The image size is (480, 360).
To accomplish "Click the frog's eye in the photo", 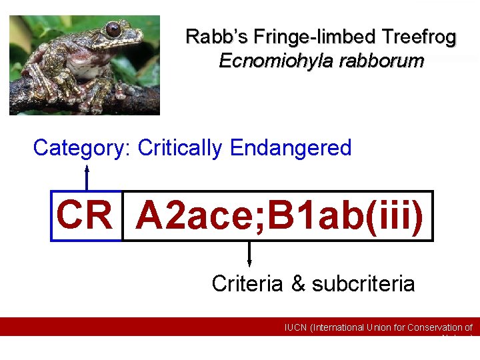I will [113, 29].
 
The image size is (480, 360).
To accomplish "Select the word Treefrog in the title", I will [418, 37].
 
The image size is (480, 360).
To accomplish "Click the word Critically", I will [180, 148].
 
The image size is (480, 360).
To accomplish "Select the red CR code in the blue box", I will [85, 215].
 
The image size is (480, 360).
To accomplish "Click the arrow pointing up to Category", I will [86, 177].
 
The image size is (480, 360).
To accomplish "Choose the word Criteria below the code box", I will [248, 284].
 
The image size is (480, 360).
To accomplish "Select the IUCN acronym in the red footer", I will [296, 327].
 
